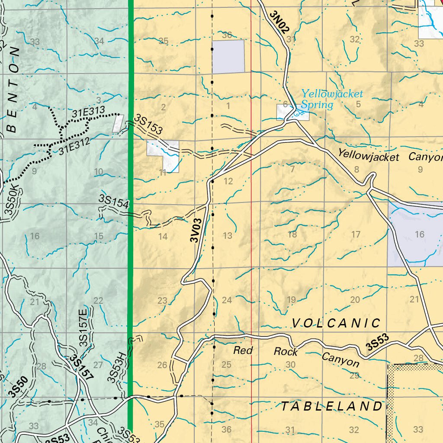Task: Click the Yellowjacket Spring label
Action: (x=332, y=99)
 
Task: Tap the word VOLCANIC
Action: (x=336, y=323)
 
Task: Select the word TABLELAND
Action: (x=332, y=406)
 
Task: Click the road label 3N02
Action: (x=279, y=22)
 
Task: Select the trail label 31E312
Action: (x=74, y=146)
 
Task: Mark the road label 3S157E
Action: (x=83, y=327)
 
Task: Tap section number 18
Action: (x=292, y=234)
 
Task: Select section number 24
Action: (x=227, y=300)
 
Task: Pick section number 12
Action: (x=228, y=181)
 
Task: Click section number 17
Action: (x=356, y=234)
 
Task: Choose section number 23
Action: (x=162, y=300)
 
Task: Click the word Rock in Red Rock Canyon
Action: (x=286, y=351)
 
